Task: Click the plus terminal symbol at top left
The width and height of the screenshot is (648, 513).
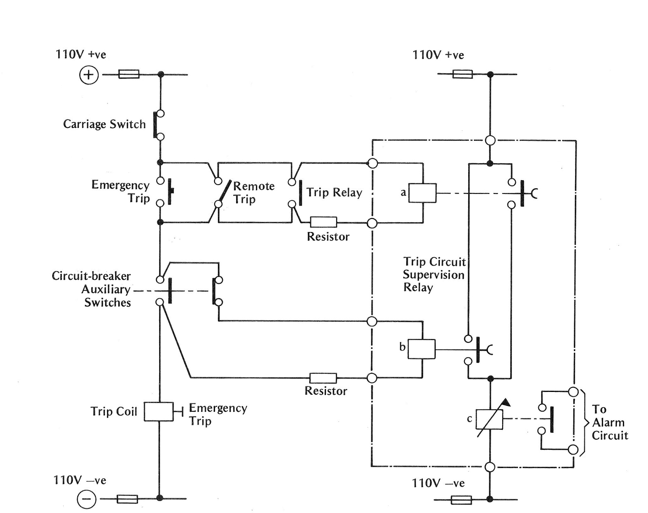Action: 89,75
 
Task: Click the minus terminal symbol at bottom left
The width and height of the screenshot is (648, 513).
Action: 87,499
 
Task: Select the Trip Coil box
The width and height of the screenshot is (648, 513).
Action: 159,412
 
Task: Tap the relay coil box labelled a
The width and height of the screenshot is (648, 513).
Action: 422,193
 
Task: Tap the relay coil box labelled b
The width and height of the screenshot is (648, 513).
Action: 421,349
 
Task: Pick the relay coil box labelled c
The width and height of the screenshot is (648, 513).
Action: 489,419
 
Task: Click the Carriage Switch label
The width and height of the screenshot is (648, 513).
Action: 104,124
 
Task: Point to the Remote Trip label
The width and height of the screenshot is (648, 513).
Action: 254,193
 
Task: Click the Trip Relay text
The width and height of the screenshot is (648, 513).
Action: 334,192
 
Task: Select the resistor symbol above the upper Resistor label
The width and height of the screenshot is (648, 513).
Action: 323,222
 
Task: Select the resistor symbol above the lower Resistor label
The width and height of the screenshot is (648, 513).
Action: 323,378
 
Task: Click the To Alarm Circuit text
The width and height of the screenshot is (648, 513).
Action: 610,422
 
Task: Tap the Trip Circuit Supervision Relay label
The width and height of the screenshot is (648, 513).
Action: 434,275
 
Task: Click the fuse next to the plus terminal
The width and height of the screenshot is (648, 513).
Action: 129,75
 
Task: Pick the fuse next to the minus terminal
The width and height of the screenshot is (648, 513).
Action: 127,499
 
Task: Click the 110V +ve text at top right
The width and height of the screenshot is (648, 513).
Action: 438,55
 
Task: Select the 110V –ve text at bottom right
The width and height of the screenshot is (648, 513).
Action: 438,483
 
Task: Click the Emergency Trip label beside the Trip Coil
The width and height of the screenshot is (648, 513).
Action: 217,414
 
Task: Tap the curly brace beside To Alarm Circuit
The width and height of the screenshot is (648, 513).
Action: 584,423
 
